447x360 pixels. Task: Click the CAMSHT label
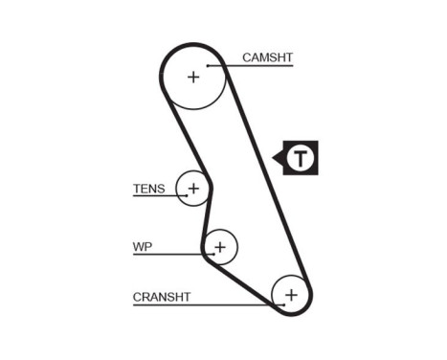267,57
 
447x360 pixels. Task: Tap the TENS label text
148,189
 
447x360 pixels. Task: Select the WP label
142,247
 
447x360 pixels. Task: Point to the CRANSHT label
162,297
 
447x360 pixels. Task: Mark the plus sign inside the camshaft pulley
193,77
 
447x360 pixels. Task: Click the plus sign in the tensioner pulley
194,189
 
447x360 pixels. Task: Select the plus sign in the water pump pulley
221,248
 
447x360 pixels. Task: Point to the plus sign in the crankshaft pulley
292,294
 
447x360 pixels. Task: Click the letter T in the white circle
302,158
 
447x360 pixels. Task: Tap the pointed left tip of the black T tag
275,158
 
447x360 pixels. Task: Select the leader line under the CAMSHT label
258,65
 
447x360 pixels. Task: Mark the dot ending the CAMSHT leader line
224,65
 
